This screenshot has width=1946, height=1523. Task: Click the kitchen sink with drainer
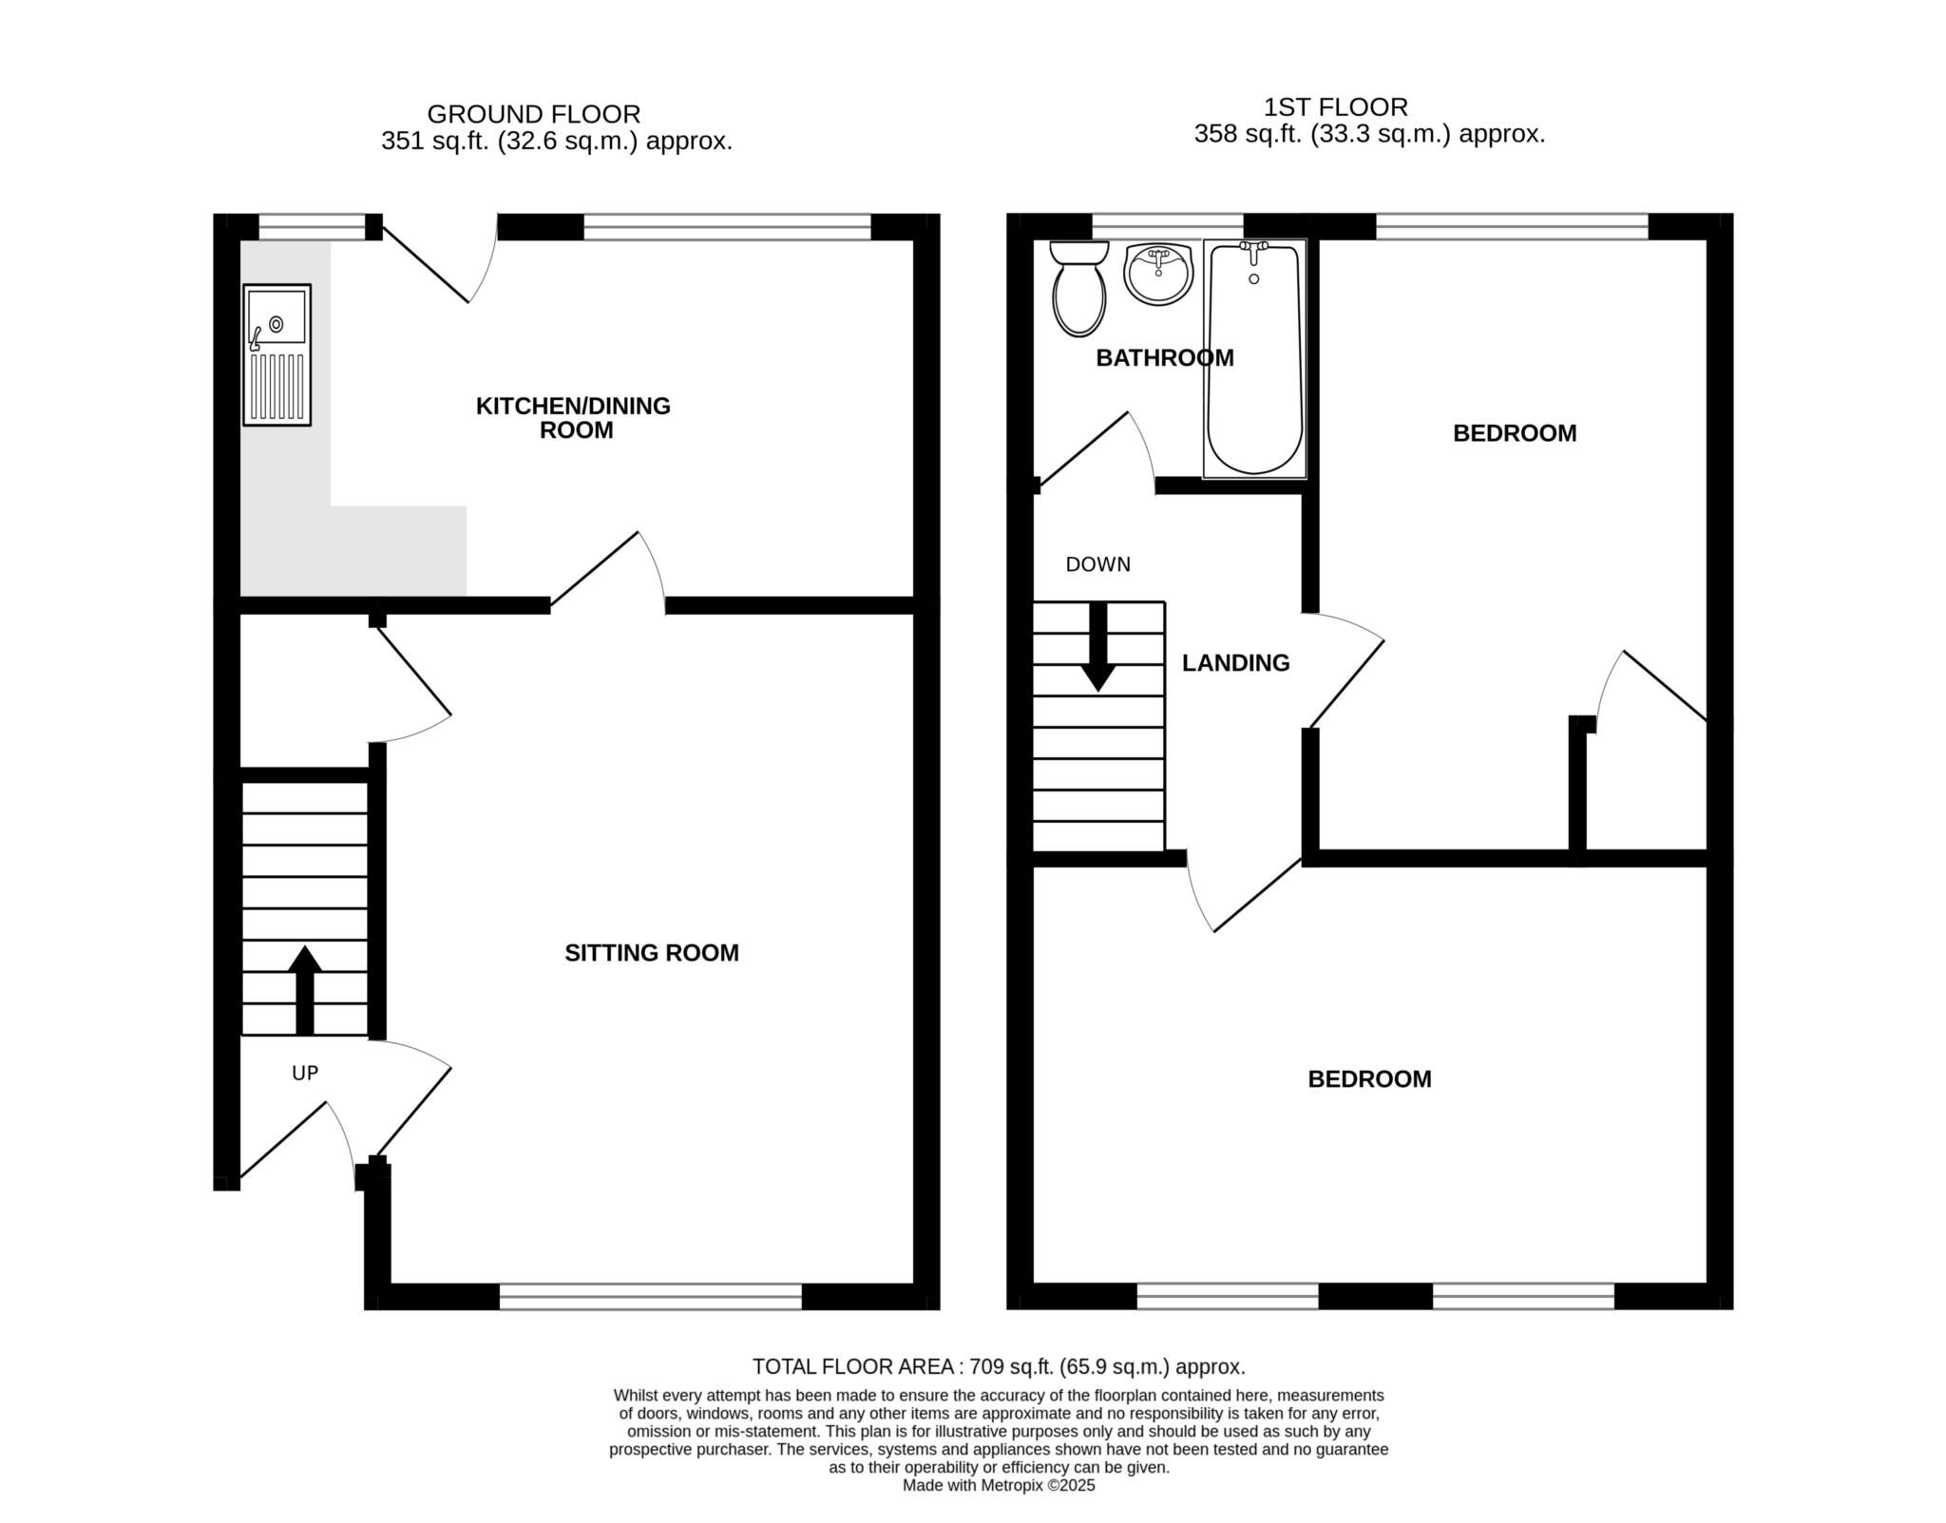click(277, 353)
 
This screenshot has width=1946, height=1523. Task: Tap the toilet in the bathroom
click(1079, 290)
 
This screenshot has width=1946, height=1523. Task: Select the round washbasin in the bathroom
click(1157, 274)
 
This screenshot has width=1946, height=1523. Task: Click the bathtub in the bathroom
click(1254, 359)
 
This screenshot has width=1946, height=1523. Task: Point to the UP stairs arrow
click(304, 988)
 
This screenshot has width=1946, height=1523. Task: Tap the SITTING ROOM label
click(651, 953)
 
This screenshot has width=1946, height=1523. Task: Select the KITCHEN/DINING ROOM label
click(573, 418)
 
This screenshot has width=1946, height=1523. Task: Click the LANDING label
click(1235, 663)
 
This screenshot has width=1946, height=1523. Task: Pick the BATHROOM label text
click(1164, 358)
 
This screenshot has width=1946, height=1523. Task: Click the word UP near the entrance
click(304, 1073)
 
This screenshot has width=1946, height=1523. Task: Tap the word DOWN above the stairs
click(1097, 564)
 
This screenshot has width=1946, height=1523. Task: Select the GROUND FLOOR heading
click(533, 114)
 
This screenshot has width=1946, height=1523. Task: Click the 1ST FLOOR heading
click(1335, 106)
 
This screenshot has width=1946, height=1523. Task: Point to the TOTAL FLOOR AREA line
click(998, 1366)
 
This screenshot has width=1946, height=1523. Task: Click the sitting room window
click(651, 1296)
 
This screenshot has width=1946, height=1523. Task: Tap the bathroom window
click(1167, 226)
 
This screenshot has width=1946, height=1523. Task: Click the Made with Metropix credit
click(998, 1485)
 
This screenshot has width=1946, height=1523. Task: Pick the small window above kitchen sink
click(312, 226)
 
